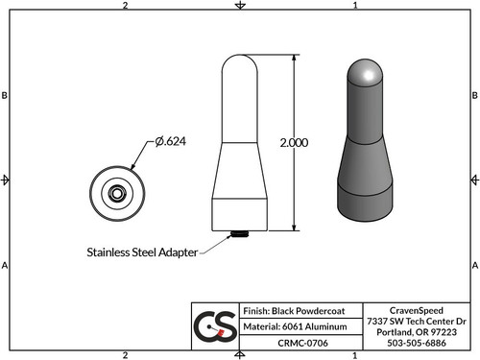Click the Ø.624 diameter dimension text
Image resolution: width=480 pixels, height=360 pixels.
point(169,142)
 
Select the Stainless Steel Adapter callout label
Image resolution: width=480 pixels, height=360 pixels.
point(141,252)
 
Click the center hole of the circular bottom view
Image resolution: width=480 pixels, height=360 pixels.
point(115,192)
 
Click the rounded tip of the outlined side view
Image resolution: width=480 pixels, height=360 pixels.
point(238,65)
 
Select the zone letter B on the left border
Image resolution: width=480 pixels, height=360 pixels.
point(6,96)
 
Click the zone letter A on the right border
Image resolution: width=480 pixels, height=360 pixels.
point(474,265)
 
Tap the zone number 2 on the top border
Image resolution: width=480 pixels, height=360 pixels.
point(126,6)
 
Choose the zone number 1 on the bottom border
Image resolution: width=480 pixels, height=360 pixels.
point(355,354)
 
